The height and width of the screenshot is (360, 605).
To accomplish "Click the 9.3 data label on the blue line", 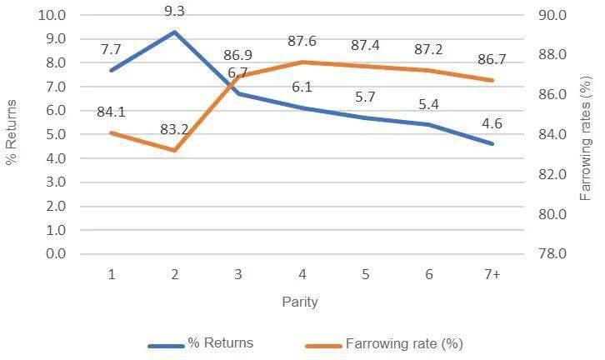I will pyautogui.click(x=175, y=12).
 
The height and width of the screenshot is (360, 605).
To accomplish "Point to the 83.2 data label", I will pyautogui.click(x=175, y=130).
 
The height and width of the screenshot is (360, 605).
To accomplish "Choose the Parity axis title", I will pyautogui.click(x=300, y=302).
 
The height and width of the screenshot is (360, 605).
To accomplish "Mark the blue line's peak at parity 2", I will pyautogui.click(x=174, y=32).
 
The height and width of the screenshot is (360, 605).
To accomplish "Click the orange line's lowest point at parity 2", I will pyautogui.click(x=174, y=150).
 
